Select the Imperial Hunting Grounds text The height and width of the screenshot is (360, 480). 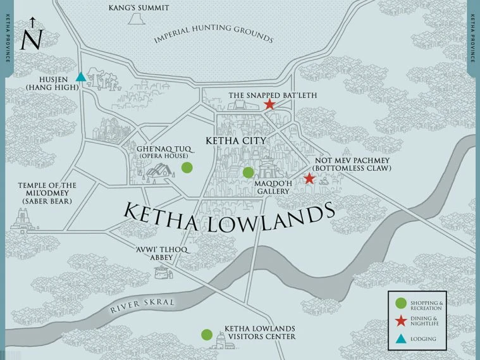213,32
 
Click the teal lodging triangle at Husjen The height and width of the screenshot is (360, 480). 81,77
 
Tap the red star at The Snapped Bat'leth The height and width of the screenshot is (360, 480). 269,104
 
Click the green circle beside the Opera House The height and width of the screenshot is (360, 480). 187,168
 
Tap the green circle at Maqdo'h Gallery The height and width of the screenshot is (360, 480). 249,172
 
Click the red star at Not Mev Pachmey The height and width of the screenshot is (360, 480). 309,178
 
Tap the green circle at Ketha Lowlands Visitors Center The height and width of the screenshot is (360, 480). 206,334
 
